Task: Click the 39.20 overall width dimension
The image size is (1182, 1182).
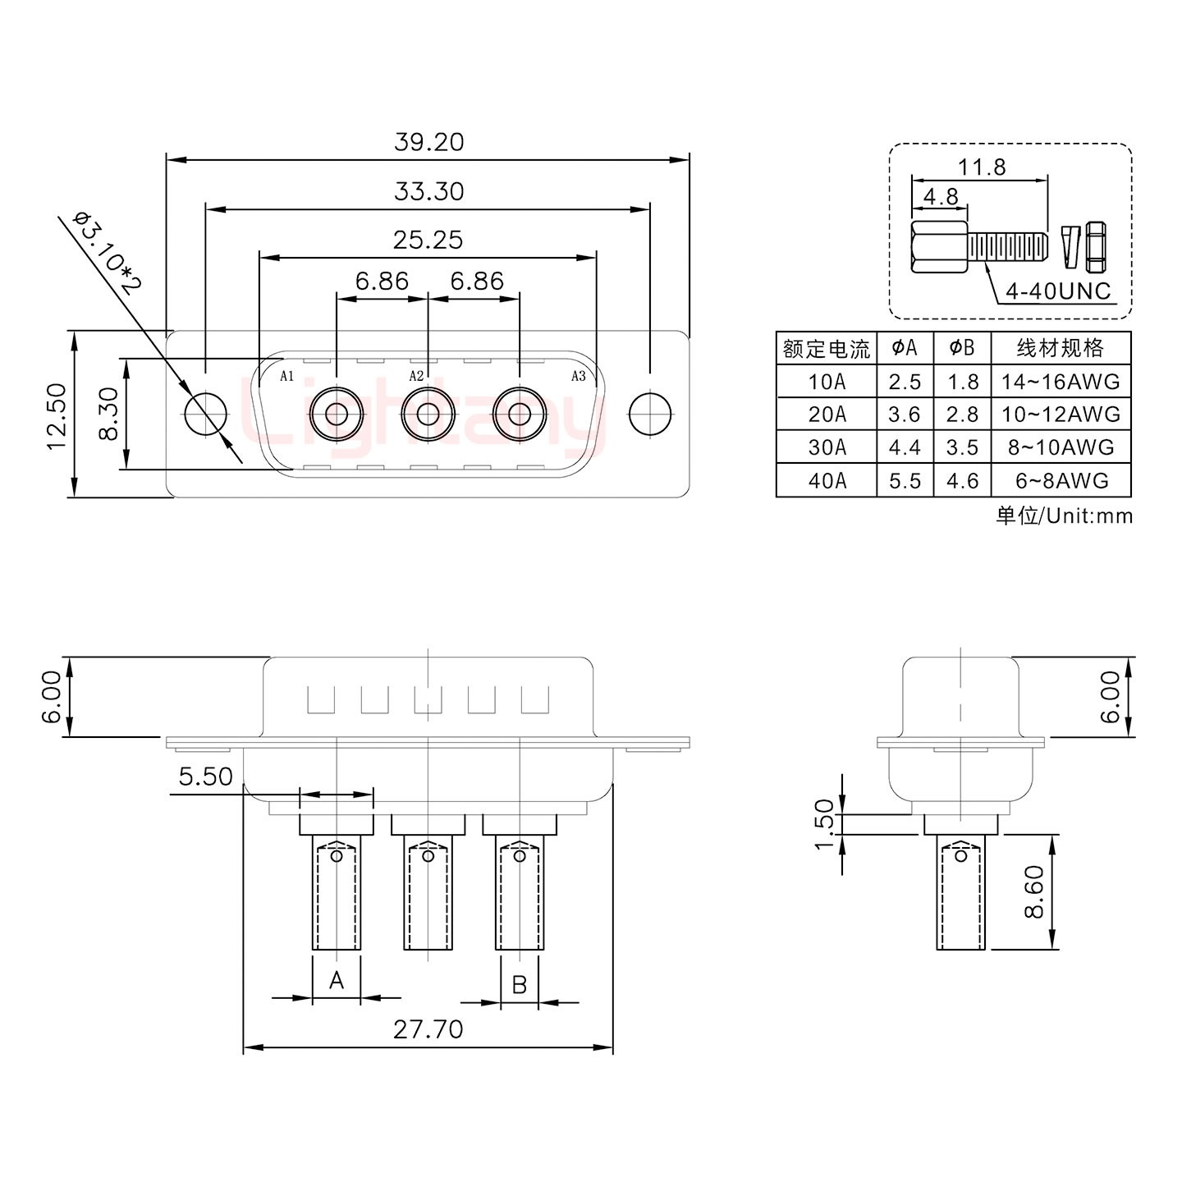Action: click(428, 142)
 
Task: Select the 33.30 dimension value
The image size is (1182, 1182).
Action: click(428, 191)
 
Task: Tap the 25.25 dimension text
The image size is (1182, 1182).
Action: click(428, 240)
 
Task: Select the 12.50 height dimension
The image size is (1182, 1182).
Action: click(56, 415)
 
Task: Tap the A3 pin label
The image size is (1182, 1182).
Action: click(578, 376)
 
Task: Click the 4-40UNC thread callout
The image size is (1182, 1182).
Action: click(1059, 291)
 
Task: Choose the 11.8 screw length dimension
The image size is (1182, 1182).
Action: click(982, 167)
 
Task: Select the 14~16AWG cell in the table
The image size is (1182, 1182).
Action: click(1061, 382)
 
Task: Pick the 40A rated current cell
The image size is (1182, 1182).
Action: click(827, 481)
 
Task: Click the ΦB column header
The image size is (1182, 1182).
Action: click(961, 348)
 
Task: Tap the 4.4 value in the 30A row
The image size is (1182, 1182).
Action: click(904, 447)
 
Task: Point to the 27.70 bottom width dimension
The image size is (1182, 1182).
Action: click(428, 1029)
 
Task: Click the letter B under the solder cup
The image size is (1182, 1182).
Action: click(519, 983)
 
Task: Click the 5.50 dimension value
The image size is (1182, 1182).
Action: click(205, 777)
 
